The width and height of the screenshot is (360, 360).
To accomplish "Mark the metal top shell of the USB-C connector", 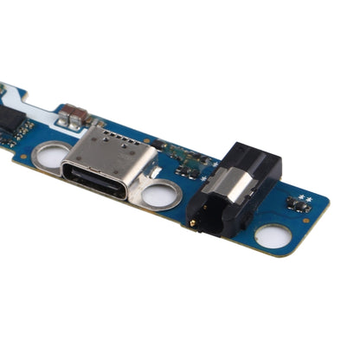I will [x=112, y=156].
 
